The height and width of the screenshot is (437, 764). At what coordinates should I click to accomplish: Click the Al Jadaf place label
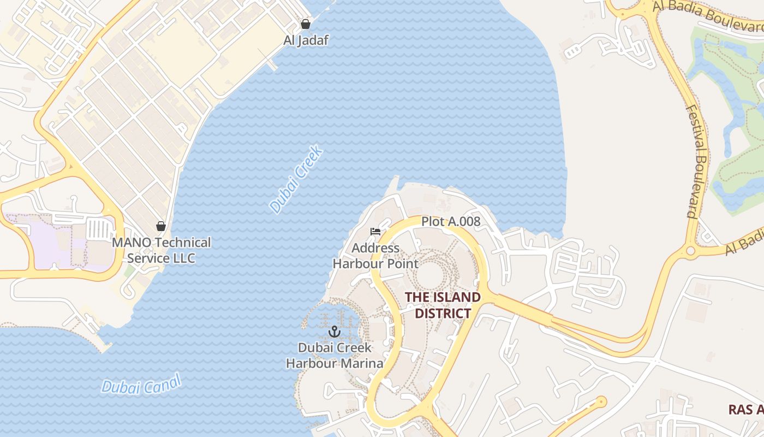click(306, 40)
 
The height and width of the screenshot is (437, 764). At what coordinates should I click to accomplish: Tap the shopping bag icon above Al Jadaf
click(306, 24)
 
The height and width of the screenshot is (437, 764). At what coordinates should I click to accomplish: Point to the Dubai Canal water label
click(141, 386)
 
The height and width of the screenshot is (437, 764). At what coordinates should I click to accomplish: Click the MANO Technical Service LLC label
click(161, 250)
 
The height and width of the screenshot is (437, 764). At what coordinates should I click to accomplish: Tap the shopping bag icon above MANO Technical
click(161, 226)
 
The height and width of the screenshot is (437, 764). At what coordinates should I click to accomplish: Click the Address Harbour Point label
click(375, 256)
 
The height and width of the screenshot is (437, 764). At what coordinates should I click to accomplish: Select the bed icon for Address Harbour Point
click(375, 232)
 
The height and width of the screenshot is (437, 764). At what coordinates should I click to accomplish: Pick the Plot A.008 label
click(451, 221)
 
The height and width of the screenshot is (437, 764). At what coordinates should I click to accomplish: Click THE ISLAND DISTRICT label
click(443, 305)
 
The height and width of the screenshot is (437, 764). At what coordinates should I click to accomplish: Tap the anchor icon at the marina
click(334, 332)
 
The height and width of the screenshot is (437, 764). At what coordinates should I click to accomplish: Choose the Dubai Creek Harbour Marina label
click(335, 355)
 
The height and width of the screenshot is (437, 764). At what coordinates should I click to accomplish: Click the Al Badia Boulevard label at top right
click(709, 16)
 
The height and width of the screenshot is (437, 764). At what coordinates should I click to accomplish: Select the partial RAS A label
click(746, 410)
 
